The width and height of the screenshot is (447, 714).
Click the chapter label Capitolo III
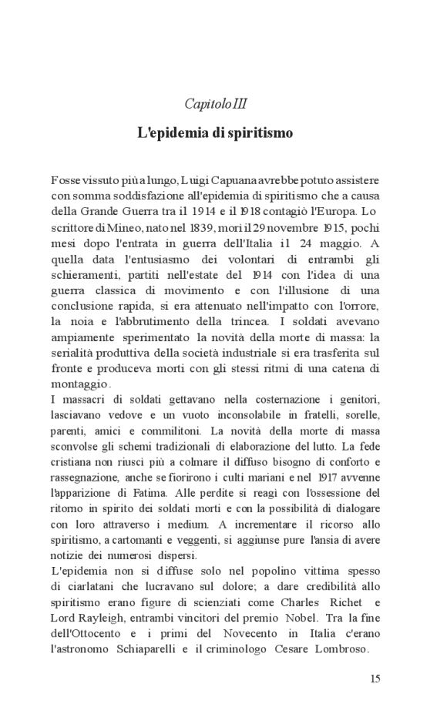[216, 103]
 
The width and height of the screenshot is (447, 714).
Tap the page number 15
[375, 679]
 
